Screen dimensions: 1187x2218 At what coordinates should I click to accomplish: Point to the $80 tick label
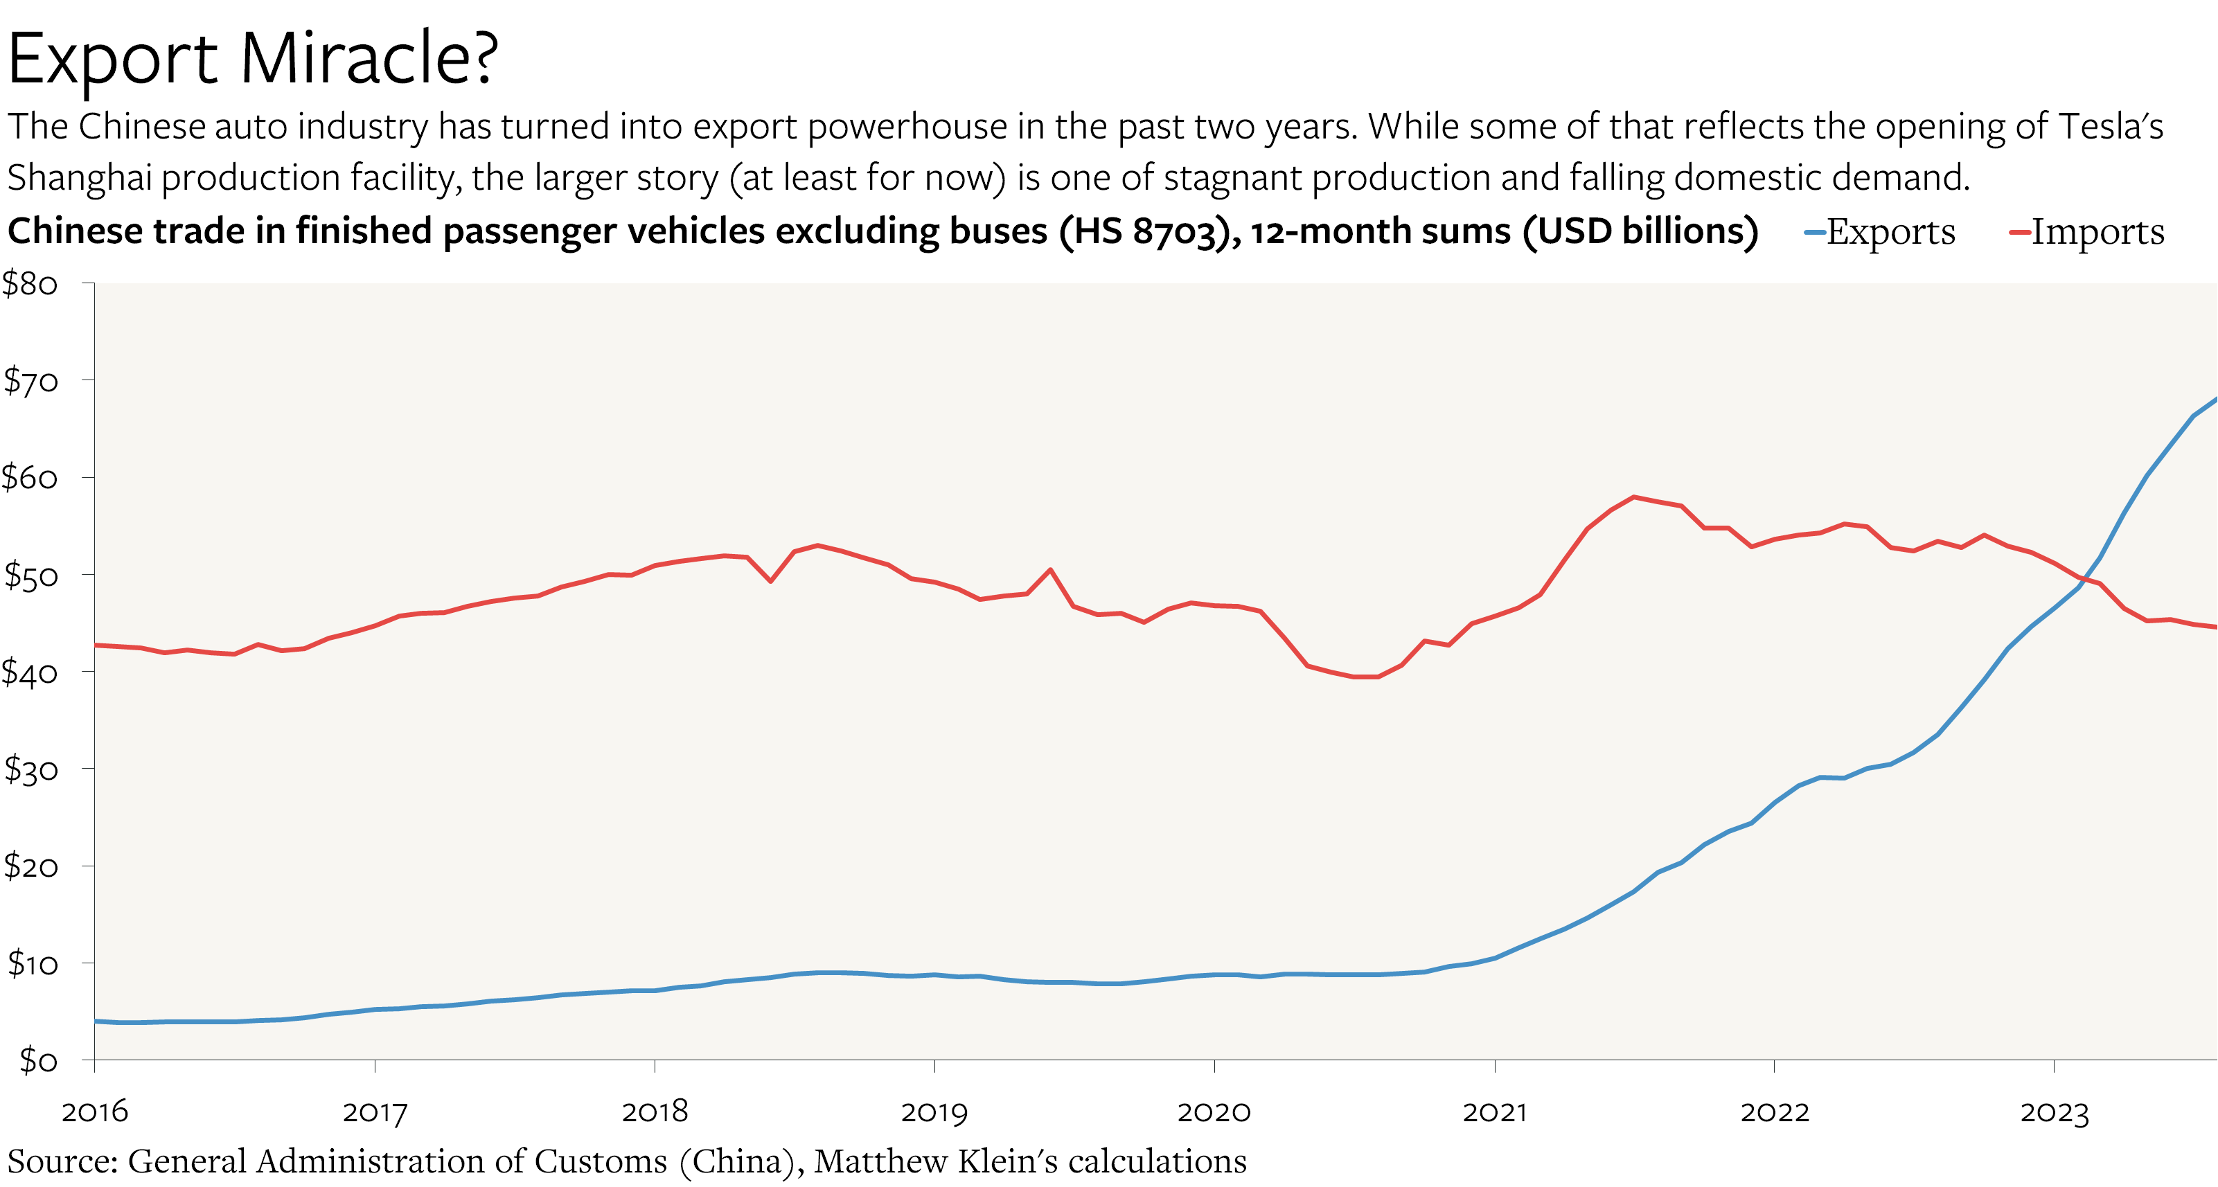click(30, 284)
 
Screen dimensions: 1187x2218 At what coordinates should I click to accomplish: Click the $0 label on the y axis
click(39, 1060)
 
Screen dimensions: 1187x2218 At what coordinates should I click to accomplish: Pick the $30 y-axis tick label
click(31, 769)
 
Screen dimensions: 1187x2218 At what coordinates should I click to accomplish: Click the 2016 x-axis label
click(95, 1112)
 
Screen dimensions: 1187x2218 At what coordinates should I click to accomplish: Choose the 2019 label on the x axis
click(934, 1112)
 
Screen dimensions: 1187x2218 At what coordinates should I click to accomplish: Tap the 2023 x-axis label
click(2055, 1112)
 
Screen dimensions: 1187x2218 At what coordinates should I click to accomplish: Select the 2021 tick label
click(1495, 1112)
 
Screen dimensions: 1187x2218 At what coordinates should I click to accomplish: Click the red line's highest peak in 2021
click(1633, 497)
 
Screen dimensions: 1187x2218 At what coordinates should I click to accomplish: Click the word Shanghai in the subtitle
click(79, 178)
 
